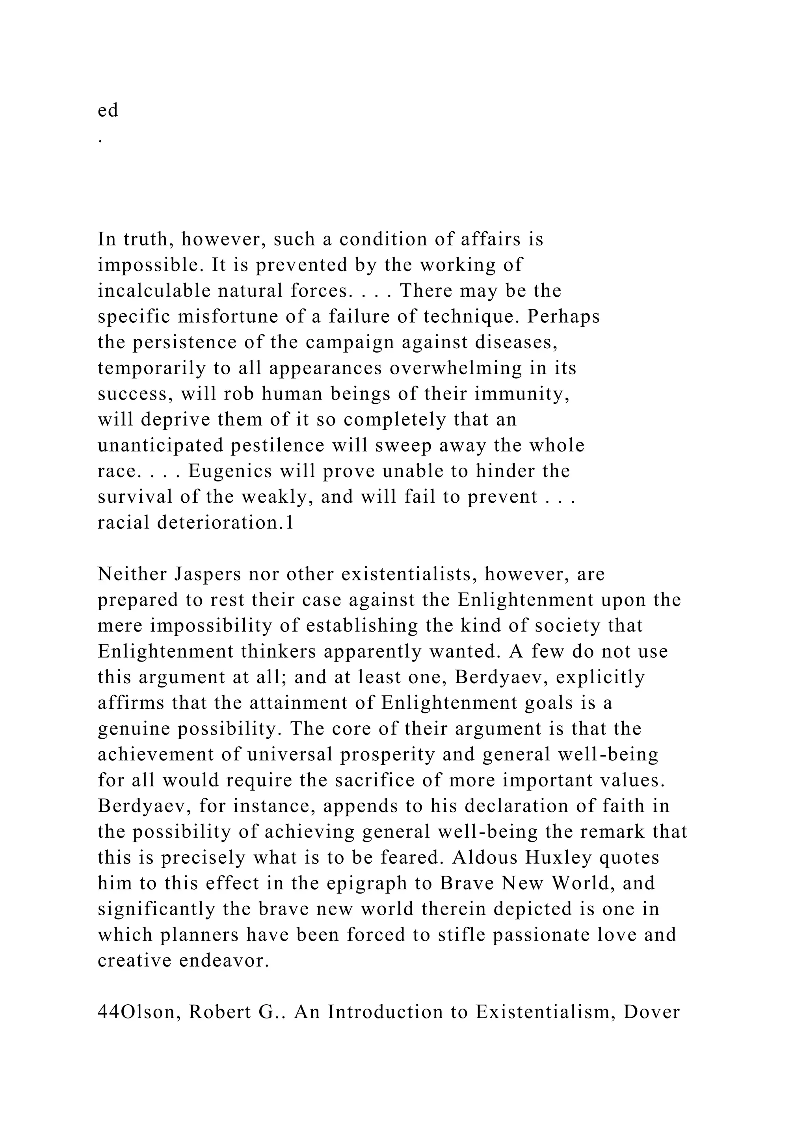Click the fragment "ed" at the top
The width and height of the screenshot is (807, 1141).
108,110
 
